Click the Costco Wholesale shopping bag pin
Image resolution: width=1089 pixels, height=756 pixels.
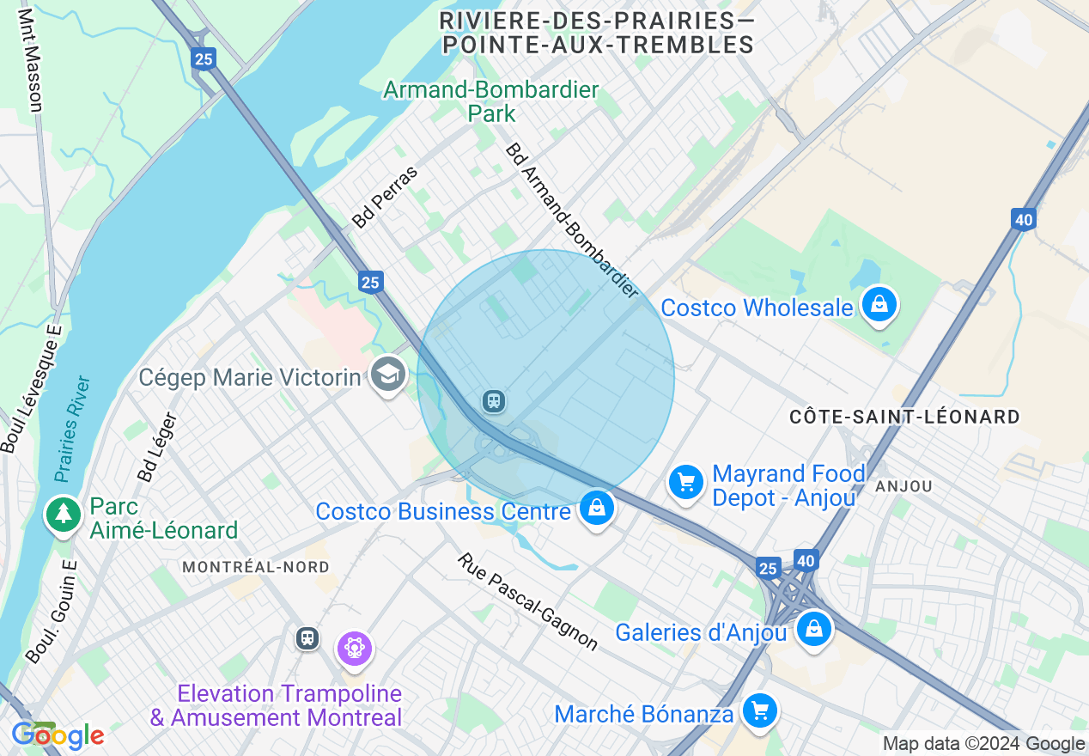[879, 305]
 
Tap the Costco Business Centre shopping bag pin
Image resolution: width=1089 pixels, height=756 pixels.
[596, 509]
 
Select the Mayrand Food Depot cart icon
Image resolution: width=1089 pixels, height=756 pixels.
[686, 483]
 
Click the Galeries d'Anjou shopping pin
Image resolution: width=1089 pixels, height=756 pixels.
[813, 631]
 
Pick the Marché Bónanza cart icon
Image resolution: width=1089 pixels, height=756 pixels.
[759, 711]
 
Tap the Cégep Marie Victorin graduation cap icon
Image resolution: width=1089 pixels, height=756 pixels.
[387, 375]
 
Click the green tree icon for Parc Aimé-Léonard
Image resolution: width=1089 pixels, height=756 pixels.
[63, 515]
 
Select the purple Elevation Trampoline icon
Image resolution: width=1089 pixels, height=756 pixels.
[354, 647]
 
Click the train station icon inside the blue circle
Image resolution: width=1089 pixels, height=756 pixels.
[493, 401]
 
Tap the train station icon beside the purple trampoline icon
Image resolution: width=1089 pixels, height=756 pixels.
[307, 638]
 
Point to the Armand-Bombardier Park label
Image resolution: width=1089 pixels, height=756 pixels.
[491, 101]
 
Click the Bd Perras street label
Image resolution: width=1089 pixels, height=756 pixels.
[384, 197]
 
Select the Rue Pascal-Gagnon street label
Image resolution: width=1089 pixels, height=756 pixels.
[527, 601]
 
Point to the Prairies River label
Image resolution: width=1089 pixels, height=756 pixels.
[72, 428]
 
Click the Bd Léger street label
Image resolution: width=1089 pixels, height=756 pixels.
[157, 447]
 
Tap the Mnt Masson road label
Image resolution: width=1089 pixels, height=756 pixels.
[29, 60]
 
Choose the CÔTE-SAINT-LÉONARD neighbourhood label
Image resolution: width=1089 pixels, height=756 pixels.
[905, 418]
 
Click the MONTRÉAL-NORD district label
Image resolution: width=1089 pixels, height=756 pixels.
[256, 567]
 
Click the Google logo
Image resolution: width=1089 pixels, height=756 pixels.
[58, 735]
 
